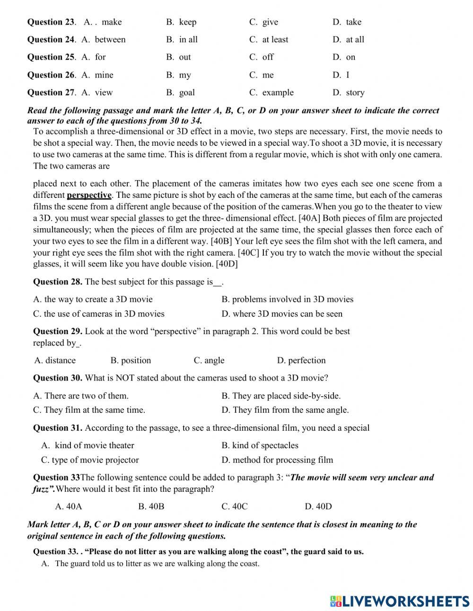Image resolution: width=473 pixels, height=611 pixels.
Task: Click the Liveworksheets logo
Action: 400,601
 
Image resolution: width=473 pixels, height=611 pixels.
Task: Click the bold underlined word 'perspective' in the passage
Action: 89,195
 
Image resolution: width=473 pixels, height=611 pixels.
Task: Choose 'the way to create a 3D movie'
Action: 93,299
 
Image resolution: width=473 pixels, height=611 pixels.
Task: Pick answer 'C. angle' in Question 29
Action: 209,360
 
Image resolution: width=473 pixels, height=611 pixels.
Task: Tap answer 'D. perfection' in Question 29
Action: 301,360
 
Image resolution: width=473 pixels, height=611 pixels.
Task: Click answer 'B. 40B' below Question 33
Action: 151,506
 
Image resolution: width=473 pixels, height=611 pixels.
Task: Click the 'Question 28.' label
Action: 57,282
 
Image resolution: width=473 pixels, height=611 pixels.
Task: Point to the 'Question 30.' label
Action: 57,378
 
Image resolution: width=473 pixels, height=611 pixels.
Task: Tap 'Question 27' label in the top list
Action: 51,92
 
